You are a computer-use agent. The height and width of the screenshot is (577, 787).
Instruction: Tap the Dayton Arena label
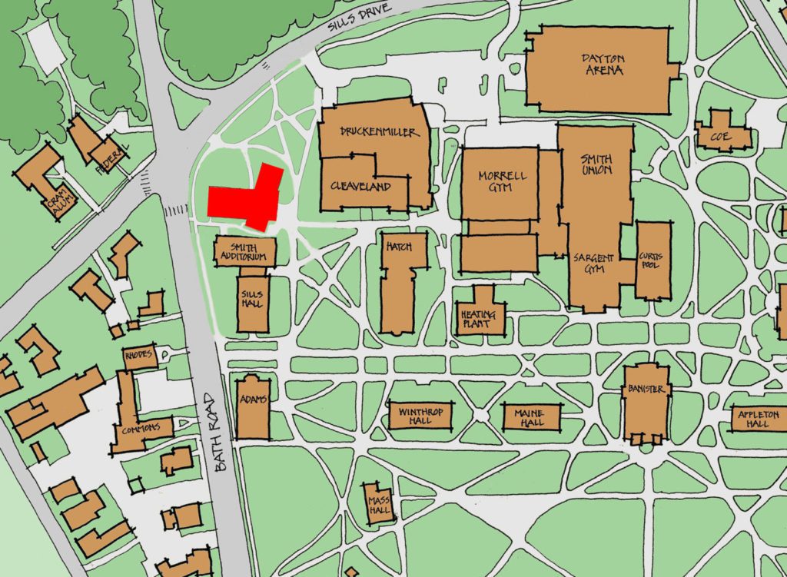[602, 65]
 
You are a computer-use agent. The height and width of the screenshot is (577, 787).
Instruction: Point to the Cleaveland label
[360, 186]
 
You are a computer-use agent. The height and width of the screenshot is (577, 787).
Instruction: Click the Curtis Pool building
[653, 260]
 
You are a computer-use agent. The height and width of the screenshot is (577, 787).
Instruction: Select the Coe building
[722, 136]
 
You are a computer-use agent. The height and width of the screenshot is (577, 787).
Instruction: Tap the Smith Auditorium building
[243, 252]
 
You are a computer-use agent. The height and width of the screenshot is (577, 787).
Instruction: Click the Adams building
[253, 407]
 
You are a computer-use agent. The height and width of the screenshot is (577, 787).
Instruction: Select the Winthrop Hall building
[420, 416]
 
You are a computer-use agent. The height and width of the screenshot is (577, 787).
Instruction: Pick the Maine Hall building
[530, 418]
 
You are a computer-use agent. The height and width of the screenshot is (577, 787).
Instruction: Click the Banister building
[646, 403]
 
